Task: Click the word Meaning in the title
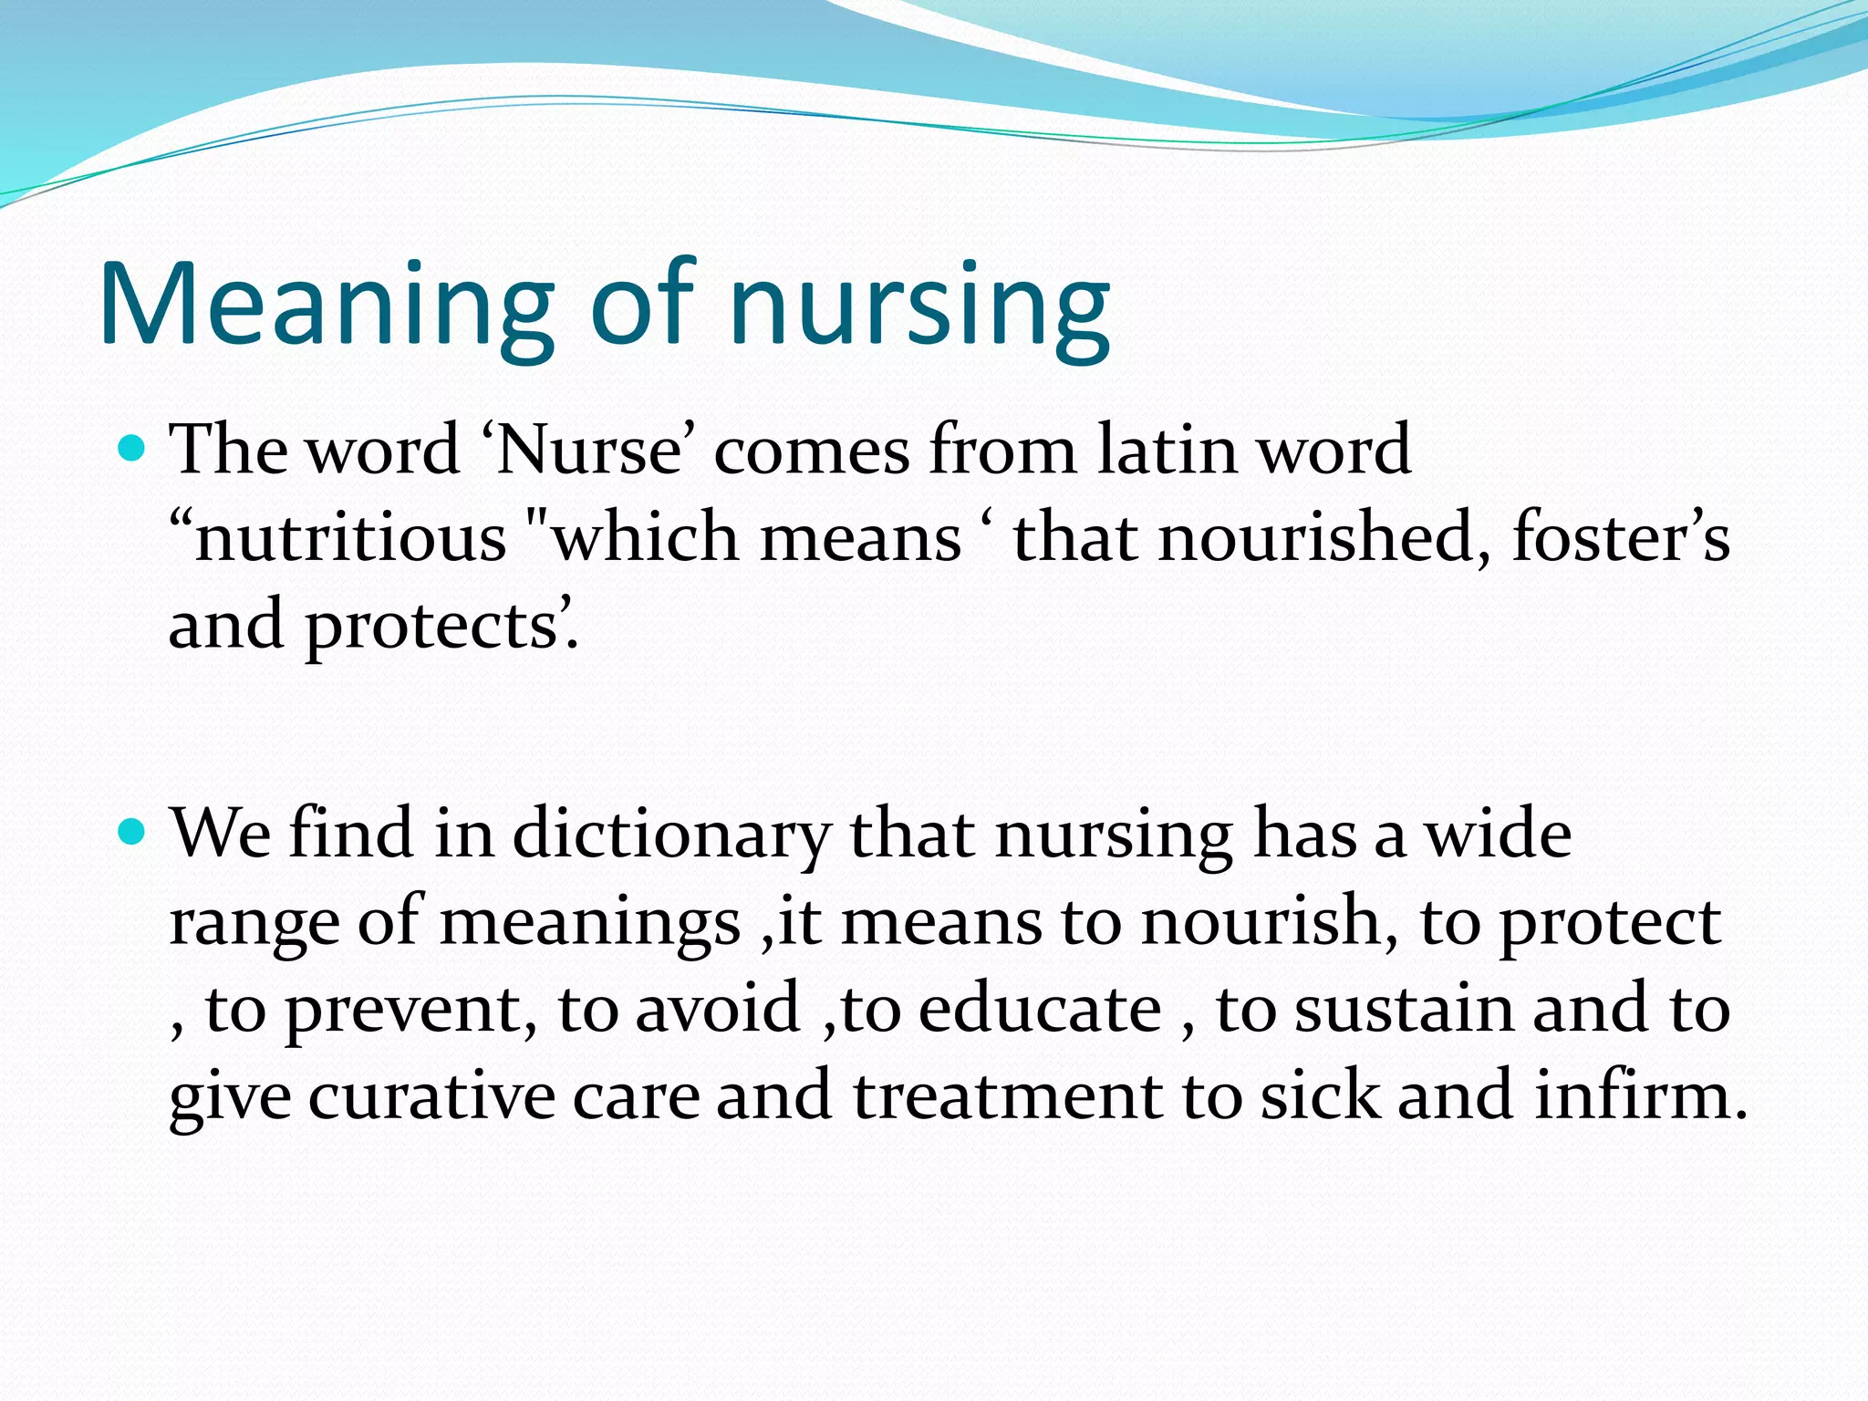327,306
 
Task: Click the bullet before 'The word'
132,449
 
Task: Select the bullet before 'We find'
132,833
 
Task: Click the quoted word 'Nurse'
588,450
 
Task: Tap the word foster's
1621,537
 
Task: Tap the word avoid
717,1009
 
